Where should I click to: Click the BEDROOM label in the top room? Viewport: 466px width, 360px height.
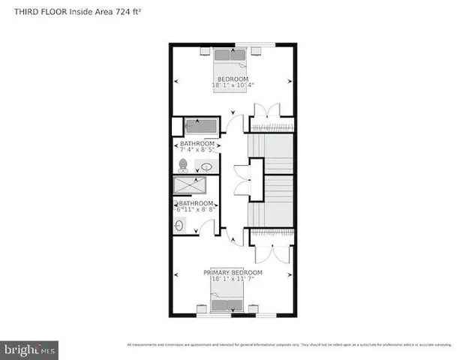click(x=233, y=79)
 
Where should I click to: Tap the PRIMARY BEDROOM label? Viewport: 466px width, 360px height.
click(x=233, y=271)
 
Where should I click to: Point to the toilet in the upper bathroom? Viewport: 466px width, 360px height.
click(x=183, y=164)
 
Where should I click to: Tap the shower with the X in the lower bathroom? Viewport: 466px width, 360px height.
click(x=194, y=185)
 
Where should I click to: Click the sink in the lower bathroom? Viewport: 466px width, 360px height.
click(x=180, y=223)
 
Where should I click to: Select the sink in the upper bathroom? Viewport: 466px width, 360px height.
click(x=207, y=166)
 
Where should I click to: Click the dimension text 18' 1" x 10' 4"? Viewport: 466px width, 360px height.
click(x=233, y=85)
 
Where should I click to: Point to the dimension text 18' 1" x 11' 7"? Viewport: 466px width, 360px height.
click(x=233, y=279)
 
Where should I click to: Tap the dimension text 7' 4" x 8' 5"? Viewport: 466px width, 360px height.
click(x=197, y=150)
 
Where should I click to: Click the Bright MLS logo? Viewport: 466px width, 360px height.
click(x=30, y=349)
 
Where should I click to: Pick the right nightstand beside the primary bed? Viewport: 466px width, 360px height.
click(x=252, y=307)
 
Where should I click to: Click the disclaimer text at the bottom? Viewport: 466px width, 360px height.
click(x=288, y=344)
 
